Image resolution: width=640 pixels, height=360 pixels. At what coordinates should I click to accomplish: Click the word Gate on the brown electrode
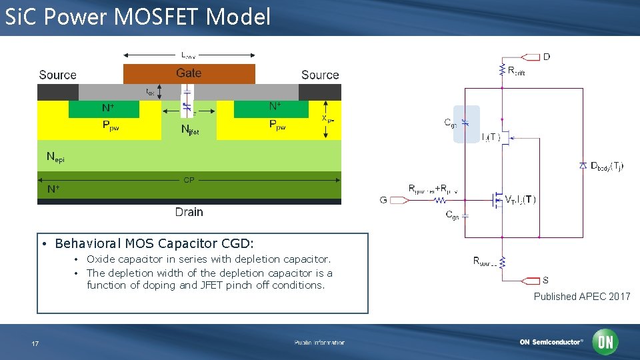[189, 73]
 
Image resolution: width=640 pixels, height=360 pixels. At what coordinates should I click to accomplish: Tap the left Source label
[57, 75]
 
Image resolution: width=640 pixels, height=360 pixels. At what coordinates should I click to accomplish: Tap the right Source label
[320, 75]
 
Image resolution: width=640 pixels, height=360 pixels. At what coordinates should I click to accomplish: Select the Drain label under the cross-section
[189, 212]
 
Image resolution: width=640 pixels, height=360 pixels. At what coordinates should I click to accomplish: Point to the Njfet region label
[189, 130]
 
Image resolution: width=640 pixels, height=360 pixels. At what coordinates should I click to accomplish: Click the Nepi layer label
[55, 157]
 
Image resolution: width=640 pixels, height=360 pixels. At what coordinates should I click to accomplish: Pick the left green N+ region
[104, 108]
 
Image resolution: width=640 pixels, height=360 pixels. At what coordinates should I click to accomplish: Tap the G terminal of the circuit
[393, 199]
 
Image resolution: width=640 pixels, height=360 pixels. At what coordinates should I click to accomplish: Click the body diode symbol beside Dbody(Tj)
[583, 165]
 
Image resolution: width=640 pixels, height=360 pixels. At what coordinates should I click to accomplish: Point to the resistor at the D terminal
[501, 70]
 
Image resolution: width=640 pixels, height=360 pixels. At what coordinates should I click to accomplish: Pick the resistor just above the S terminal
[501, 262]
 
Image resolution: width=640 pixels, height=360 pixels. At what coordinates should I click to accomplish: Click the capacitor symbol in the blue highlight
[466, 123]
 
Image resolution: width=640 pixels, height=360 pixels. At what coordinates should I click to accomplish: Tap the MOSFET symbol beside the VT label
[496, 199]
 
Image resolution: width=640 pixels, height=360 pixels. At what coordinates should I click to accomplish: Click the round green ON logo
[606, 342]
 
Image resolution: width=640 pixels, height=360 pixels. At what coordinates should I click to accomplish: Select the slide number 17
[35, 343]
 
